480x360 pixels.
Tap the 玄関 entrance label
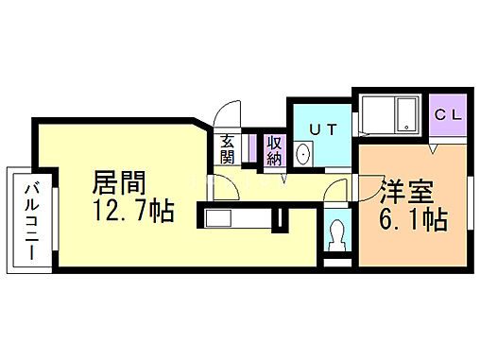click(228, 150)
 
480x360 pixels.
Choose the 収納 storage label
click(274, 150)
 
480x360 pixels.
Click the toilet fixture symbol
click(335, 233)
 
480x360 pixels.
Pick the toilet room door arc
click(333, 191)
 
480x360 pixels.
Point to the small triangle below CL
click(432, 149)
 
